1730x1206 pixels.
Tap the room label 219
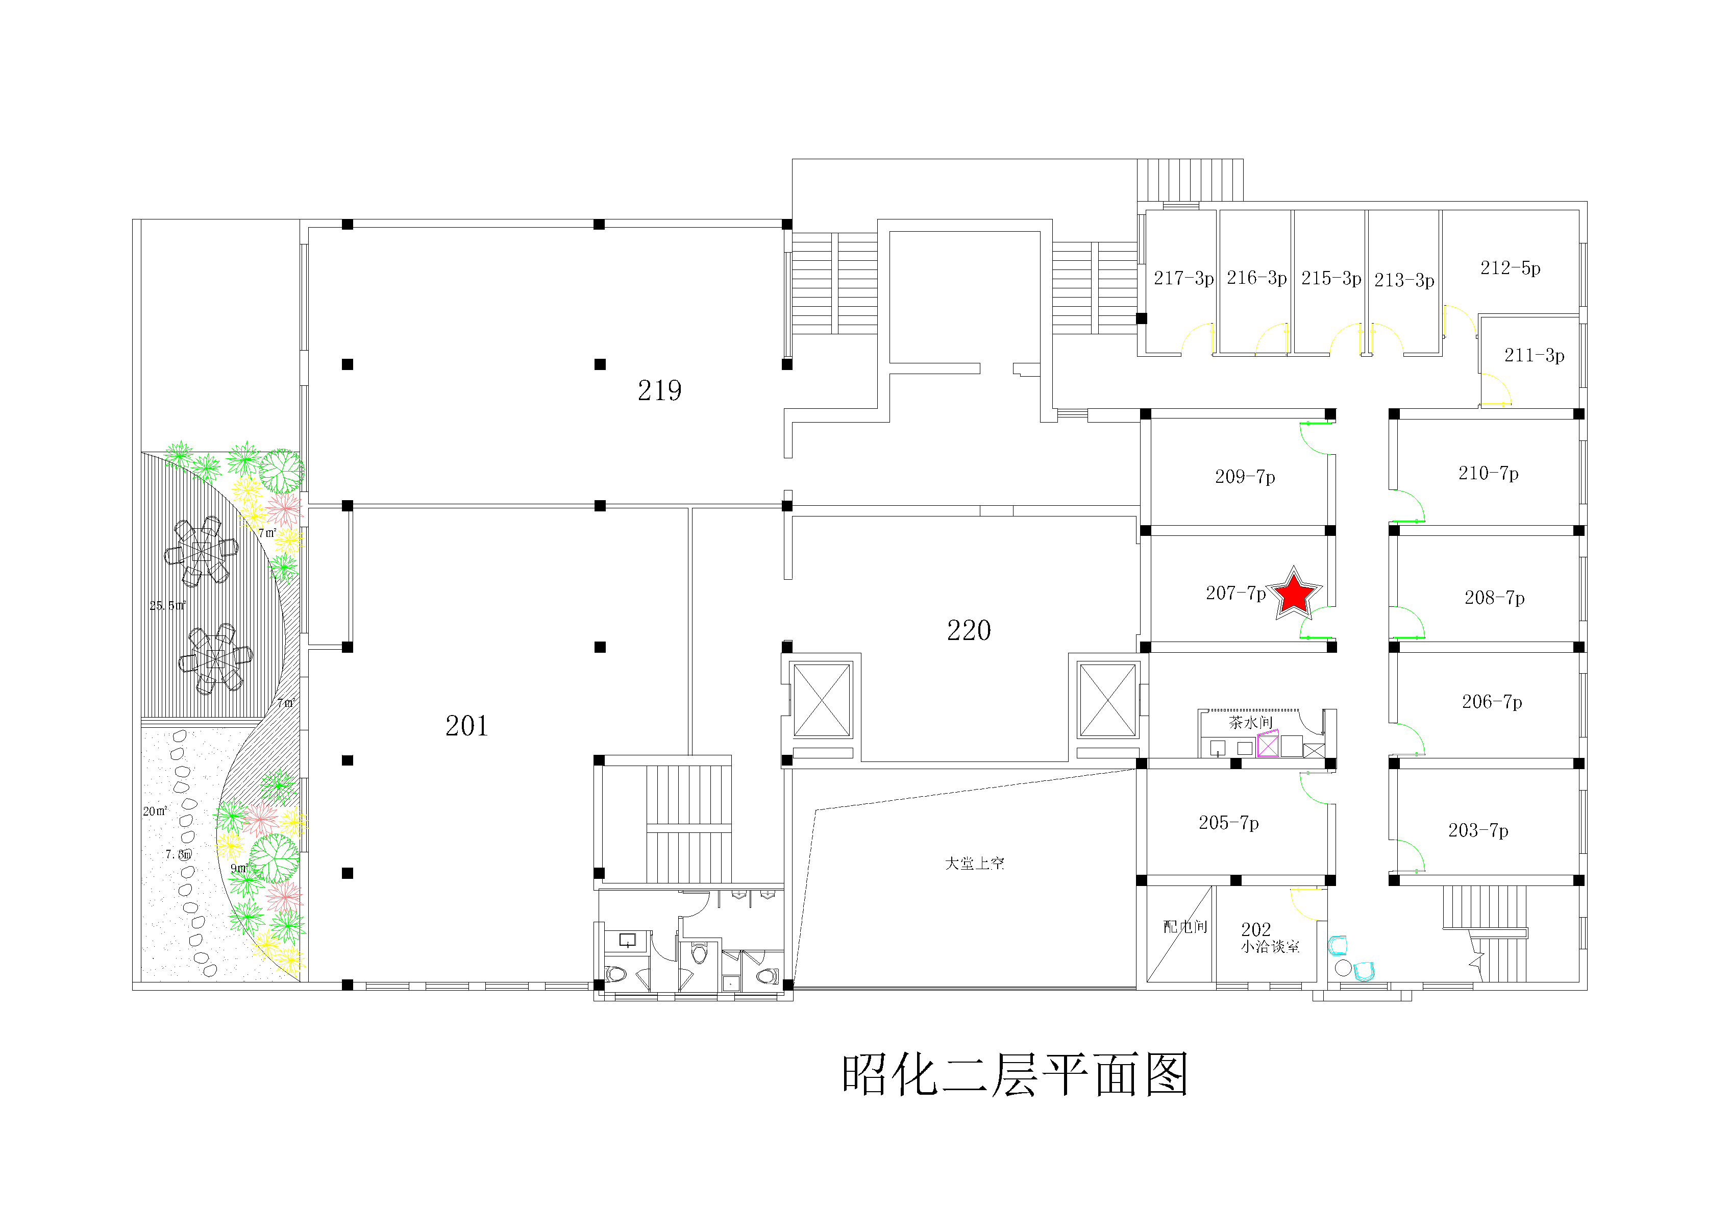pos(659,390)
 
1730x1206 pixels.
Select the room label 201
pos(466,726)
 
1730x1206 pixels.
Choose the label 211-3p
pos(1534,355)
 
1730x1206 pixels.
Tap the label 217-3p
pos(1183,278)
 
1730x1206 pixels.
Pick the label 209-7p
pos(1245,476)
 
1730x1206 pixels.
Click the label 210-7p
pos(1488,473)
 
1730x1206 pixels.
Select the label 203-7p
pos(1477,831)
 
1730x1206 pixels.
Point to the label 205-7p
pos(1228,822)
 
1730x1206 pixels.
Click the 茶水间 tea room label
pos(1250,723)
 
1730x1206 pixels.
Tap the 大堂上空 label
pos(974,863)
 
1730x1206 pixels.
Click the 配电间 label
pos(1184,926)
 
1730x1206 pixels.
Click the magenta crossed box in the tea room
pos(1268,745)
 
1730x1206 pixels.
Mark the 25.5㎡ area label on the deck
pos(167,605)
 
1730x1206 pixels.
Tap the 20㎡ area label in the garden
pos(155,811)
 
